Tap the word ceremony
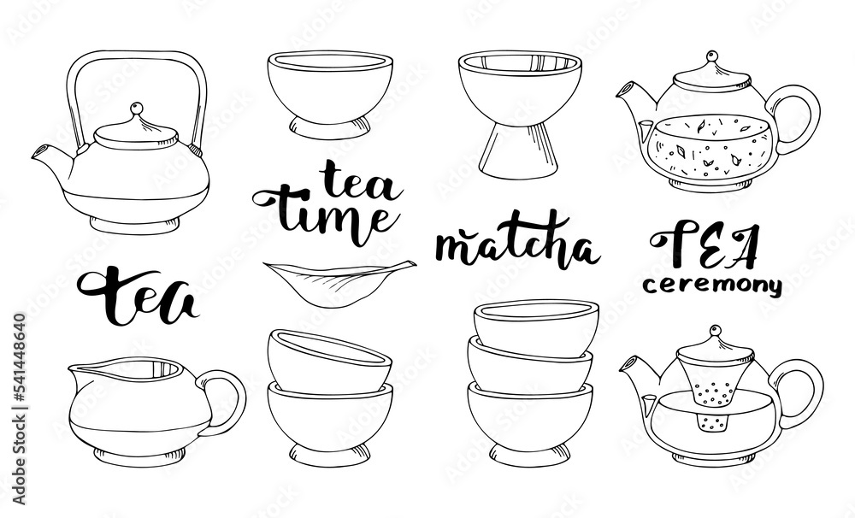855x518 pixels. (712, 285)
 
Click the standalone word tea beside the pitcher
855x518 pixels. (138, 295)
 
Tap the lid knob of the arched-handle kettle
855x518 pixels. (137, 108)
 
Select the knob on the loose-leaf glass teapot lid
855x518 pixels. (711, 56)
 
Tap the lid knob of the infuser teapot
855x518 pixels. (715, 331)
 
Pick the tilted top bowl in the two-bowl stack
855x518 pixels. (329, 361)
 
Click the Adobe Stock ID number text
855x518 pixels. (19, 409)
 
